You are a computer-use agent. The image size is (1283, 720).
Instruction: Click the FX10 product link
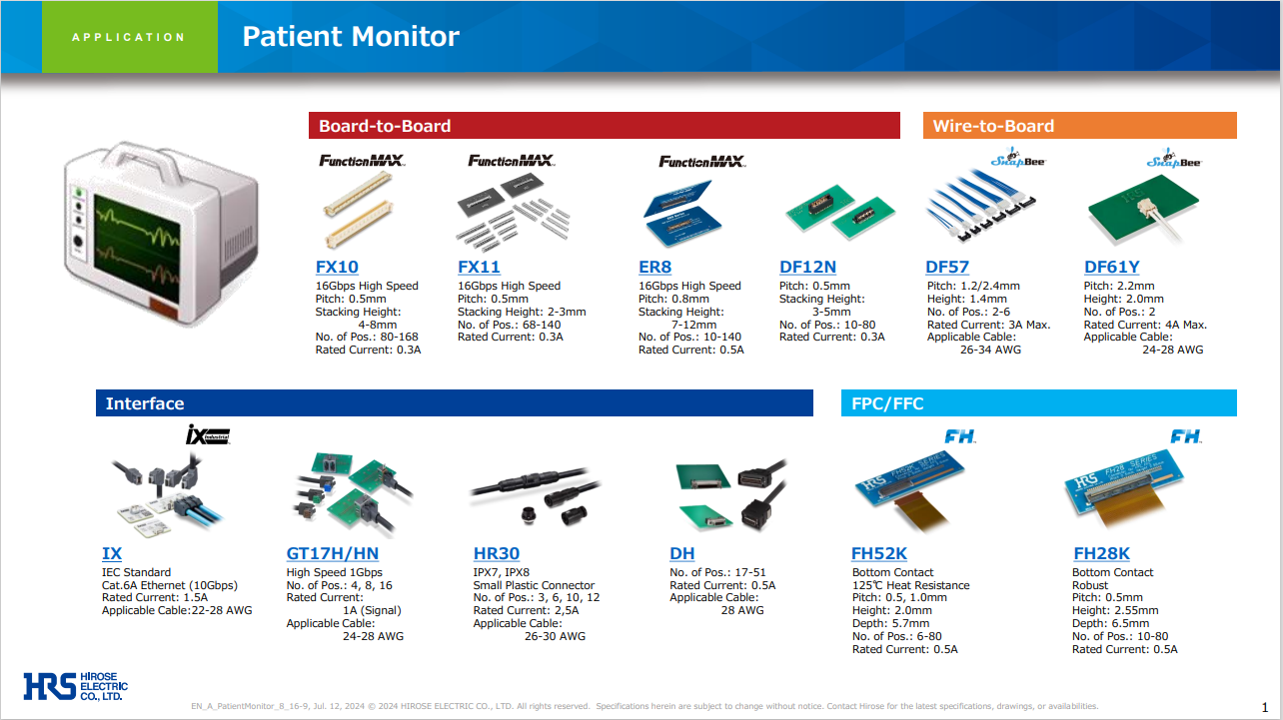(x=337, y=267)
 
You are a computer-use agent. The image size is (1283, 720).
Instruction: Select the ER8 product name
(x=654, y=267)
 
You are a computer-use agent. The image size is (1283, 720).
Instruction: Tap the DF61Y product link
(x=1111, y=267)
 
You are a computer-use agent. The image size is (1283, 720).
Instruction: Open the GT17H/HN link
(x=333, y=553)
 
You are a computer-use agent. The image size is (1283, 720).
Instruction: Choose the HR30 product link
(x=496, y=553)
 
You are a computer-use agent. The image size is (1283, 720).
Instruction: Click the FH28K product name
(x=1101, y=553)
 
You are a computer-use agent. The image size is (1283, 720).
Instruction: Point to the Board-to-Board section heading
(x=385, y=126)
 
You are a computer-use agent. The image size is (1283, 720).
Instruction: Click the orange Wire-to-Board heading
(x=993, y=126)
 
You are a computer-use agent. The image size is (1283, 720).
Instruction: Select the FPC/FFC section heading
(x=887, y=403)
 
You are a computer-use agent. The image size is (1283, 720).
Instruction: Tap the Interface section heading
(x=145, y=403)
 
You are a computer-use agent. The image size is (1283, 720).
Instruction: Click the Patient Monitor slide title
(x=351, y=37)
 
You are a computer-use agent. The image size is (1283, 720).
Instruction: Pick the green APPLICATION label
(x=129, y=37)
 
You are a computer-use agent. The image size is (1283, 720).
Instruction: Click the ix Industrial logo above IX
(x=208, y=434)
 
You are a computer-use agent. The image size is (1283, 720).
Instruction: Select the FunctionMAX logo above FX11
(x=511, y=160)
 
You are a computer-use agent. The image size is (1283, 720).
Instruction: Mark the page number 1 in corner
(x=1265, y=707)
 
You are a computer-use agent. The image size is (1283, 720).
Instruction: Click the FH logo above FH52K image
(x=960, y=436)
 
